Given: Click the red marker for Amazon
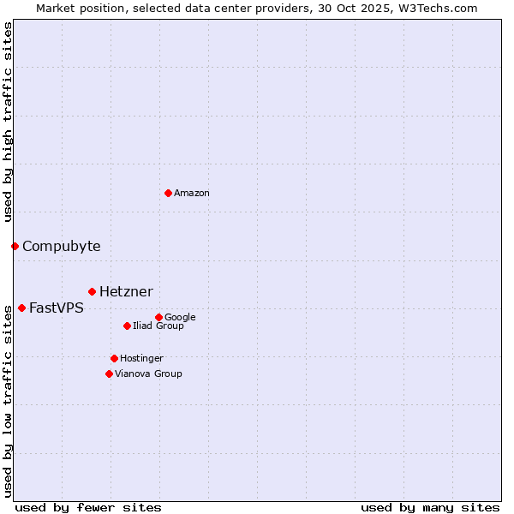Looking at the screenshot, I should [x=168, y=193].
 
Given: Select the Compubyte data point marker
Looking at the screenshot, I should [x=15, y=246].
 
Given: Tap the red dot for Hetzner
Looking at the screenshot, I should [x=92, y=291].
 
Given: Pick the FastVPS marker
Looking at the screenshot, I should [x=21, y=308].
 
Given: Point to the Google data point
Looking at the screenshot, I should [x=158, y=317].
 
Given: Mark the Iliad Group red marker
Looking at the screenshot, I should [x=127, y=326].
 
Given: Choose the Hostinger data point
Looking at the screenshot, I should [x=114, y=358].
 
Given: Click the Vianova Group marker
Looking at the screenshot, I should [x=109, y=374].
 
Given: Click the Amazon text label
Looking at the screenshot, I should [x=192, y=194].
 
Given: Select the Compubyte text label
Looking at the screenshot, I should [x=61, y=247].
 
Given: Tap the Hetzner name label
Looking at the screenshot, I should [x=126, y=292].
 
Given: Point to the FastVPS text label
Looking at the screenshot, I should [x=57, y=308].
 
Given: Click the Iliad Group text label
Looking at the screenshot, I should [x=158, y=326].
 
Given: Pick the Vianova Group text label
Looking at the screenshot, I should [x=148, y=374].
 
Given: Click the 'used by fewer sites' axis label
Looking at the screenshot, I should [x=88, y=507].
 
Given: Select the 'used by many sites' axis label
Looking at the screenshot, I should [x=430, y=507].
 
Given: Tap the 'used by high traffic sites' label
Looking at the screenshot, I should [x=9, y=122].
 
